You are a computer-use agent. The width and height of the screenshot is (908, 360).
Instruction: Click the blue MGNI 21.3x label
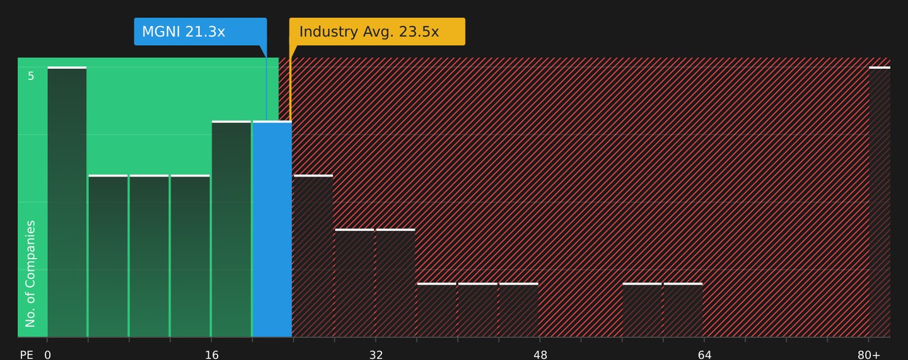click(201, 32)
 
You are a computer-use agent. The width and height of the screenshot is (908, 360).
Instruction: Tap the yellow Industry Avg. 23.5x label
click(377, 32)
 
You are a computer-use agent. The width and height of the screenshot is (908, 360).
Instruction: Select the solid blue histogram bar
click(272, 229)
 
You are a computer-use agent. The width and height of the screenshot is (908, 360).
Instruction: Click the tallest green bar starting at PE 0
click(67, 202)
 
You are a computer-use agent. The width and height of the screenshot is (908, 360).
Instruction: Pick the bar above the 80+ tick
click(880, 202)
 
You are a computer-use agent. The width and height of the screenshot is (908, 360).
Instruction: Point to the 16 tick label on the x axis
click(212, 355)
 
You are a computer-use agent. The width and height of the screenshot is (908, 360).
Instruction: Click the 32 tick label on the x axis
click(376, 355)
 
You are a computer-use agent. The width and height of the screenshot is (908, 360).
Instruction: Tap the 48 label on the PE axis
click(540, 355)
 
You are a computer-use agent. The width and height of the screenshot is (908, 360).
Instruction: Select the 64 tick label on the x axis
click(704, 355)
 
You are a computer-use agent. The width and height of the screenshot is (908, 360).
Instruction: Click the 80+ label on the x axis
click(869, 355)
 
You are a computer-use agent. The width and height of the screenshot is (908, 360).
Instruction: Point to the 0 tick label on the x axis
click(47, 355)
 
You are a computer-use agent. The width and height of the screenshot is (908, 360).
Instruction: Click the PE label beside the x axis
click(26, 355)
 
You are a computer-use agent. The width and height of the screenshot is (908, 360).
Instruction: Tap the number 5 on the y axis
click(31, 76)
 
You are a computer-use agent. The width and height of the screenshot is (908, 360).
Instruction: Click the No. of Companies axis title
click(30, 274)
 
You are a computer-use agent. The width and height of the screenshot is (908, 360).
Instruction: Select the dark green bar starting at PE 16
click(231, 229)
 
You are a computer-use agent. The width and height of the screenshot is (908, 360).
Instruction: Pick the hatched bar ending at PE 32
click(354, 283)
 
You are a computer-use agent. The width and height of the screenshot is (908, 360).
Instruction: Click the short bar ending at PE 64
click(683, 310)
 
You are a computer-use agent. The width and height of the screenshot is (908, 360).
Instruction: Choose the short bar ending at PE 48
click(519, 310)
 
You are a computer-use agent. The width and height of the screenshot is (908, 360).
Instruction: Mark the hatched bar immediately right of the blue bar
click(313, 256)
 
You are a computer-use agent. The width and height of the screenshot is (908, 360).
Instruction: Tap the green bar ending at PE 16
click(190, 256)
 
